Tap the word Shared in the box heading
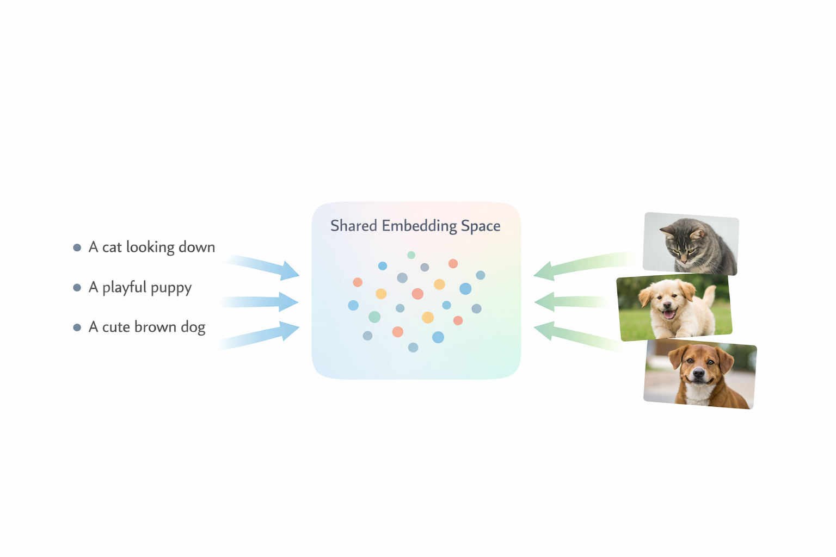tap(353, 226)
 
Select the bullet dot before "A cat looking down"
tap(77, 247)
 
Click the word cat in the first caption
tap(112, 247)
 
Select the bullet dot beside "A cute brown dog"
tap(77, 327)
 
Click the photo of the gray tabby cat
tap(690, 243)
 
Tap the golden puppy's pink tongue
tap(669, 314)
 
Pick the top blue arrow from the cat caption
tap(267, 266)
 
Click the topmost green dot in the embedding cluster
tap(411, 255)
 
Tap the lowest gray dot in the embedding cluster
tap(413, 348)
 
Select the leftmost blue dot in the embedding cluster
tap(353, 306)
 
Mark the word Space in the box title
tap(481, 226)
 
